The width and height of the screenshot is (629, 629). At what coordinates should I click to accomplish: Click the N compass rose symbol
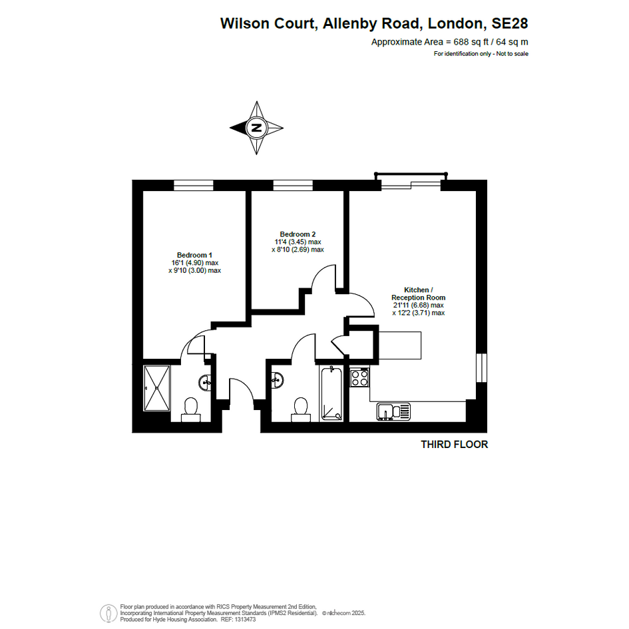point(256,128)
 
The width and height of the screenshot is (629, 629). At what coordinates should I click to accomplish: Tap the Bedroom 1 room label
point(194,255)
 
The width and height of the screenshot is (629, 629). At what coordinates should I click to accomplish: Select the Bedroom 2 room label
point(298,234)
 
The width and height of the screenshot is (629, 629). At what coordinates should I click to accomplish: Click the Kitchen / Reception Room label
point(419,294)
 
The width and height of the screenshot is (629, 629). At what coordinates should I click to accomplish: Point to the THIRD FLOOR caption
point(454,445)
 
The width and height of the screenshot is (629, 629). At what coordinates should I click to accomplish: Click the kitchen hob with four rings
point(360,377)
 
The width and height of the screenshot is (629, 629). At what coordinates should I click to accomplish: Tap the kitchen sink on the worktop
point(393,412)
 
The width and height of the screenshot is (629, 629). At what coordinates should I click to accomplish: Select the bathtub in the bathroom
point(331,393)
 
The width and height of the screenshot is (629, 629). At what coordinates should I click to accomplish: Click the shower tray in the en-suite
point(157,388)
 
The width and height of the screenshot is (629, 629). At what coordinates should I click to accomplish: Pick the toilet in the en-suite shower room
point(190,410)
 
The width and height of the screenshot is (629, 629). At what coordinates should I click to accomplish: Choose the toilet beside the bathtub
point(301,410)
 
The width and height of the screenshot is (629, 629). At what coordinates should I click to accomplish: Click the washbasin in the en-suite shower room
point(205,382)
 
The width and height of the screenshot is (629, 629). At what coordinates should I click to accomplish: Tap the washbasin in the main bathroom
point(277,380)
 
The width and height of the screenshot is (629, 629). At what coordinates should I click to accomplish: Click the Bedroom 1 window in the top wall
point(193,185)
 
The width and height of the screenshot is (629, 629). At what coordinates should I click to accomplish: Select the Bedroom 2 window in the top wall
point(293,185)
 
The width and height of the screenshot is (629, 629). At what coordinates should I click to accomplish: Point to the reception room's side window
point(481,368)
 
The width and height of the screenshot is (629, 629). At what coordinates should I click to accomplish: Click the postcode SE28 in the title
point(510,23)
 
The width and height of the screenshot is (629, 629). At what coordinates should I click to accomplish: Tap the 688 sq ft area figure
point(471,42)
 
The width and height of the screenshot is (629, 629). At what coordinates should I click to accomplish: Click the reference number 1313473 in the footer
point(245,620)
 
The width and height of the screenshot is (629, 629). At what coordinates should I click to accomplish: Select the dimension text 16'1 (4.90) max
point(195,263)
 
